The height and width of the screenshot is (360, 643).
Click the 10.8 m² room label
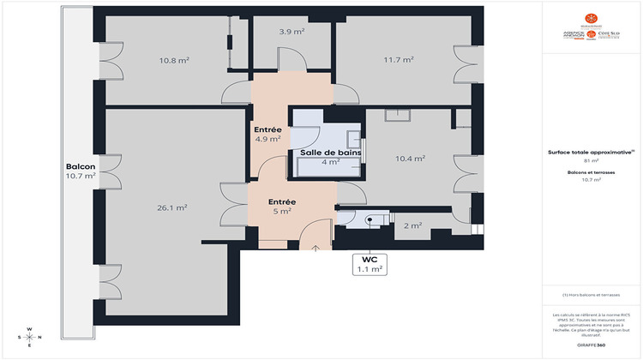173,61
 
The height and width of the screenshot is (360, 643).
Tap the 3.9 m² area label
292,32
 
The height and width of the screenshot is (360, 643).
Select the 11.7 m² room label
399,60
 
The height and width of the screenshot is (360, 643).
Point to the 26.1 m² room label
173,207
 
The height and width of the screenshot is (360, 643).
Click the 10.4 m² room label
410,159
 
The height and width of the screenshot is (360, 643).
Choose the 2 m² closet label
412,226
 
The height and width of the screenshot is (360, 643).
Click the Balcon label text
80,166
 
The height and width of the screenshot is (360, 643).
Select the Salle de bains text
330,153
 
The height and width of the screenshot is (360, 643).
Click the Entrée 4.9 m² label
268,134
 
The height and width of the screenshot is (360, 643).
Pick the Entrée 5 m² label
281,205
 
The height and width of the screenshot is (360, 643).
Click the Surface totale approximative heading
591,152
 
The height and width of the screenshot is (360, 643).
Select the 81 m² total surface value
591,160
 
